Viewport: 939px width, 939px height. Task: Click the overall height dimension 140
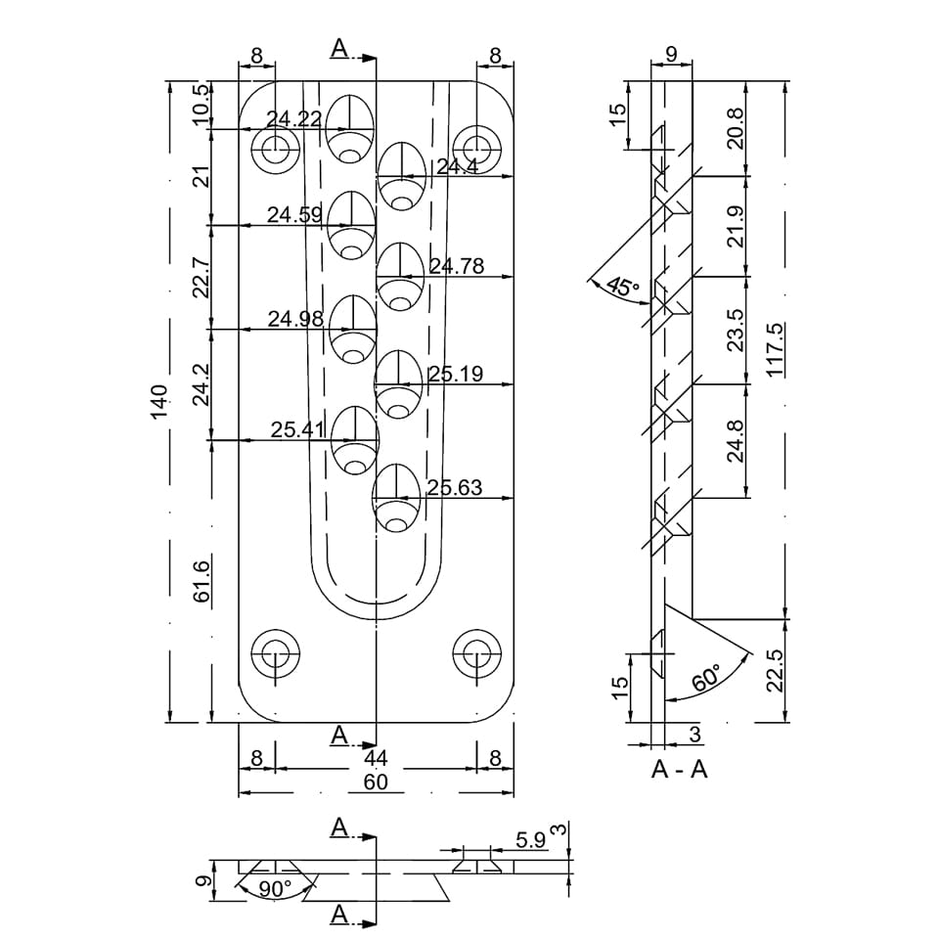tap(159, 401)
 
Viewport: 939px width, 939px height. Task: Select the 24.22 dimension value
tap(293, 119)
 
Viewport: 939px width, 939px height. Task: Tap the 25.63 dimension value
tap(455, 487)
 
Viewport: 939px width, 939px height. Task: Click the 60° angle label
tap(706, 677)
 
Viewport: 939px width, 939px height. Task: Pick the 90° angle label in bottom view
tap(275, 889)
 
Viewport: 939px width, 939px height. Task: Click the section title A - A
tap(680, 770)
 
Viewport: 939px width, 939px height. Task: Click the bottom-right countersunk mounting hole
tap(476, 652)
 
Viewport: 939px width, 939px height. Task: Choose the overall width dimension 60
tap(376, 782)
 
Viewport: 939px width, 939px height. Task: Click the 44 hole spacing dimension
tap(376, 758)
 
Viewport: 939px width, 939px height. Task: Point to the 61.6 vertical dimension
tap(202, 582)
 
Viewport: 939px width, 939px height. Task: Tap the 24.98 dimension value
tap(295, 319)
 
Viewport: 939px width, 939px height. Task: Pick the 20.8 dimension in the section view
tap(736, 127)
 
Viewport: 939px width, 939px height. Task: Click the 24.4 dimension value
tap(457, 167)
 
